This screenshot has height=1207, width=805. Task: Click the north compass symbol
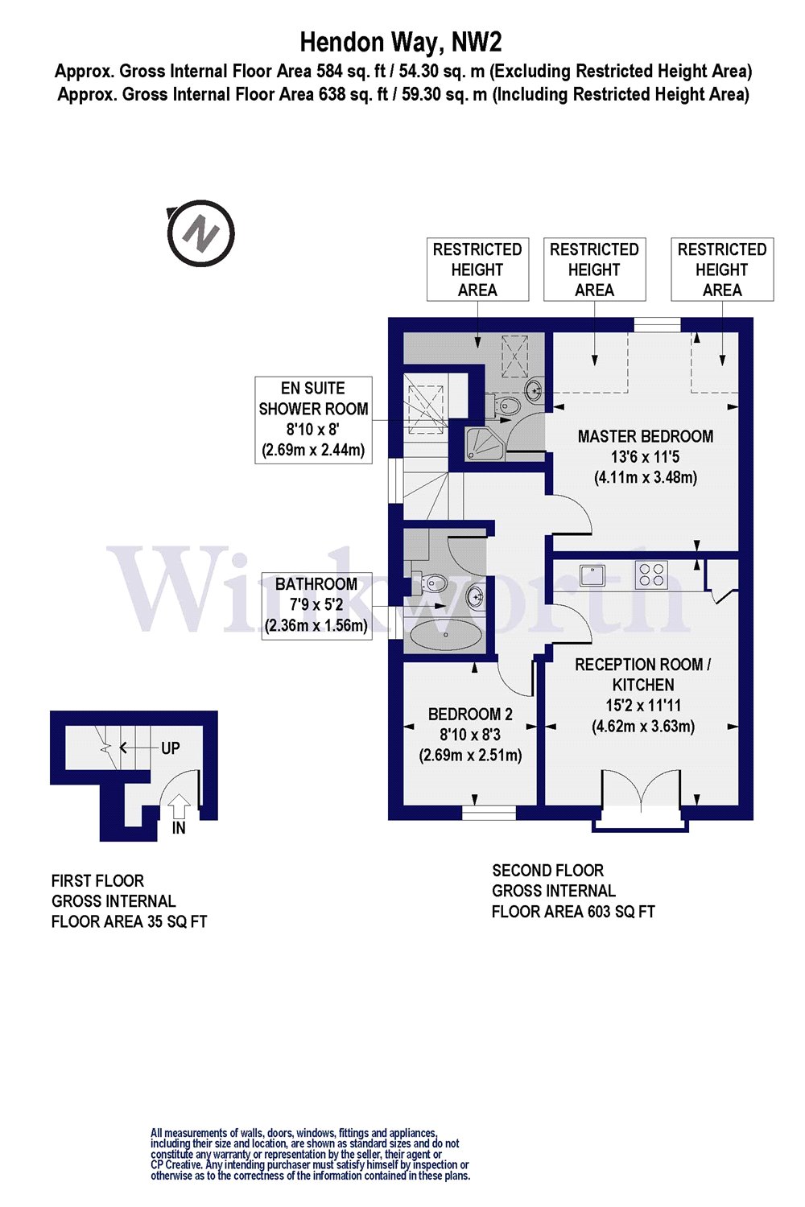click(200, 233)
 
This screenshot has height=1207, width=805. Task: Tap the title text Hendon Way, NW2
click(401, 41)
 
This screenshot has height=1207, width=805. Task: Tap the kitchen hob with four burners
click(651, 574)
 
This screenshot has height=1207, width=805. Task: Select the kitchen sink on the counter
click(592, 575)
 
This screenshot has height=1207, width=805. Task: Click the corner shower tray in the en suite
click(485, 443)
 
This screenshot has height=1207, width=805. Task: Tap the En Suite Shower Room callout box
click(313, 419)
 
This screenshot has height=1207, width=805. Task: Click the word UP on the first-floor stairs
click(170, 748)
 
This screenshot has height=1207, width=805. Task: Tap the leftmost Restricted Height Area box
click(477, 270)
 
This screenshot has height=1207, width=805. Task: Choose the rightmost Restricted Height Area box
click(722, 270)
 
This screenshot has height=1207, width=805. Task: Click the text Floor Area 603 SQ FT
click(573, 912)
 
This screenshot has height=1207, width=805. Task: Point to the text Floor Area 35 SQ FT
click(129, 922)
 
